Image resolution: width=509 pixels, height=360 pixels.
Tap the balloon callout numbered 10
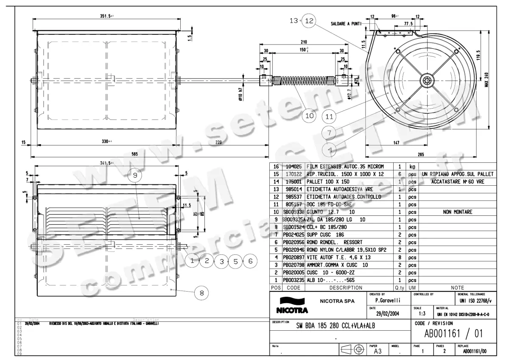point(309,114)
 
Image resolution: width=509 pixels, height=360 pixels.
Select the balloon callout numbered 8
point(201,292)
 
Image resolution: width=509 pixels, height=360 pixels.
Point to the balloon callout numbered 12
point(310,20)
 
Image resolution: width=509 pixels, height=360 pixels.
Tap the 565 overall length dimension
point(134,154)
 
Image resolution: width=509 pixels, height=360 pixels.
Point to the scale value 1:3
point(422,314)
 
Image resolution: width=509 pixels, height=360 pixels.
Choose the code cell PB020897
point(294,257)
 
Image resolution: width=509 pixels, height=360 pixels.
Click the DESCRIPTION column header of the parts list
point(346,288)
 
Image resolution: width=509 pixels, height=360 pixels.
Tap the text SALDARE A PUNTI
point(346,24)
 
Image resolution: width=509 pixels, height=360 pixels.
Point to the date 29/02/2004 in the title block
point(384,314)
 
